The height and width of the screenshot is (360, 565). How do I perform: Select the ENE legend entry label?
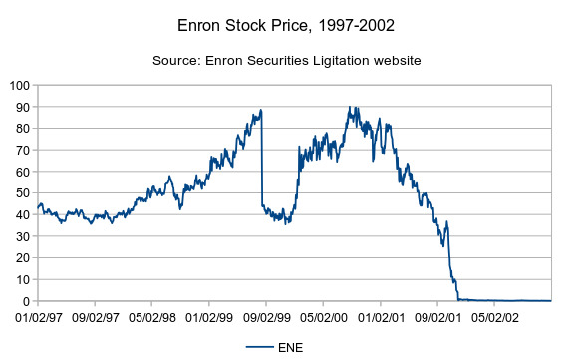coord(291,348)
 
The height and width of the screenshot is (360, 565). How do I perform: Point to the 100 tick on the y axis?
coord(19,85)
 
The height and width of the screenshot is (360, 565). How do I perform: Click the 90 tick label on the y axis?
coord(22,107)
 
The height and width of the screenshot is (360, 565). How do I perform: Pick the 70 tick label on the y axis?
coord(22,150)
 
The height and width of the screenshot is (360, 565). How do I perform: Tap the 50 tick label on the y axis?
coord(22,193)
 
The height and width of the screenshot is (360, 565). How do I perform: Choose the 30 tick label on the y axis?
coord(22,236)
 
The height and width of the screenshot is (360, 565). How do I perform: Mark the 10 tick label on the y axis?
coord(22,279)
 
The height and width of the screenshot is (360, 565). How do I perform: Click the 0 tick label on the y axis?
coord(26,301)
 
